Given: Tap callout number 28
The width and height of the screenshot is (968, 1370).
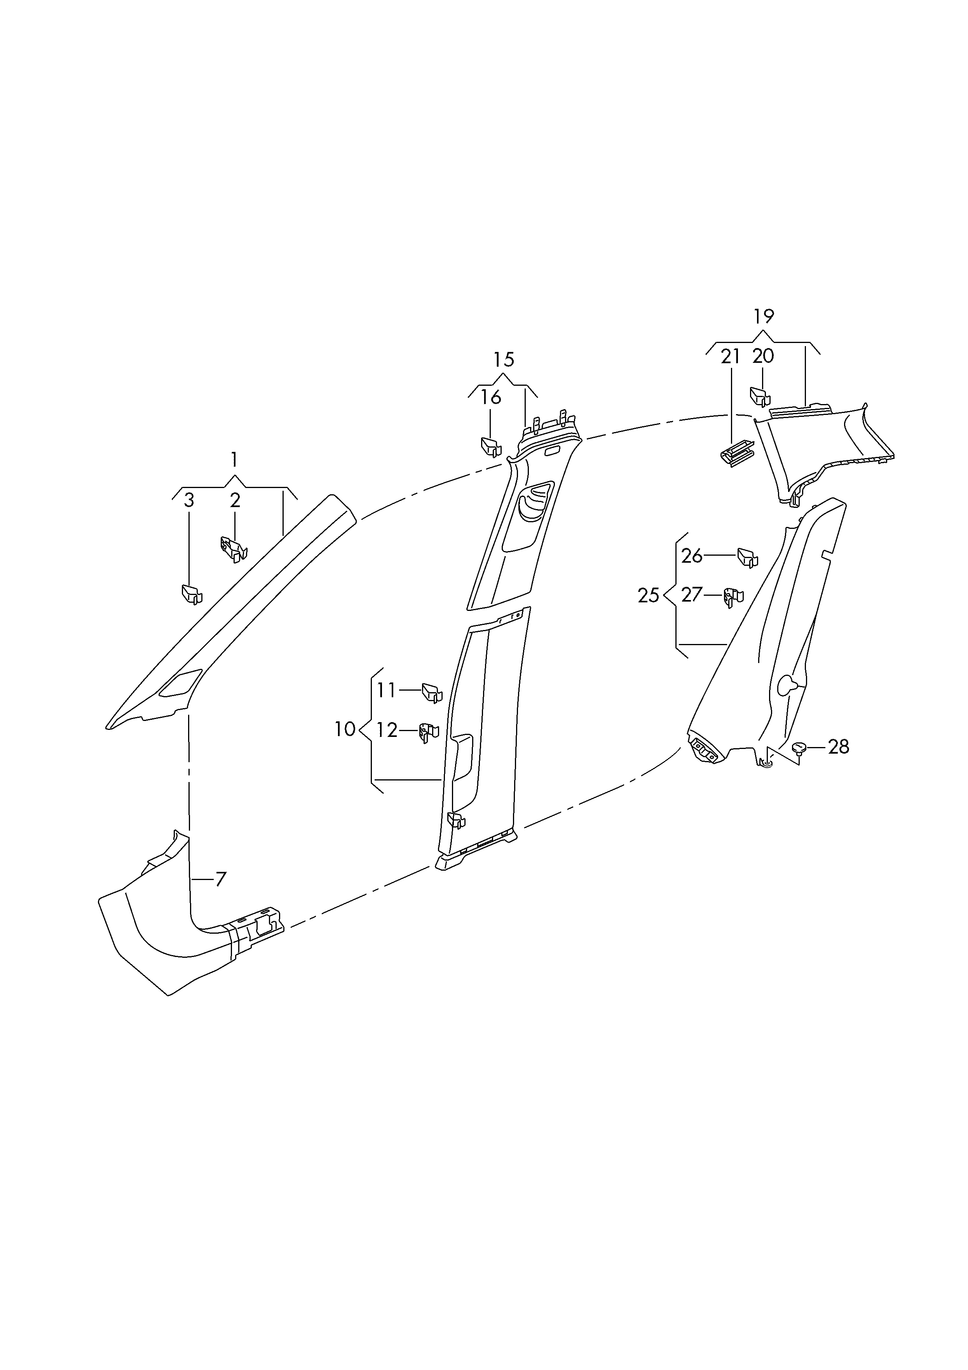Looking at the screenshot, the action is pyautogui.click(x=839, y=747).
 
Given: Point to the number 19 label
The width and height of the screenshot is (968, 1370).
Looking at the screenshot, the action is pyautogui.click(x=764, y=316).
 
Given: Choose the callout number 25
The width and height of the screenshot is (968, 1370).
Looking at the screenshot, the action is pyautogui.click(x=649, y=595).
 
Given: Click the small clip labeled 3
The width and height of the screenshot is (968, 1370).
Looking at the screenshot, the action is pyautogui.click(x=192, y=594).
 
